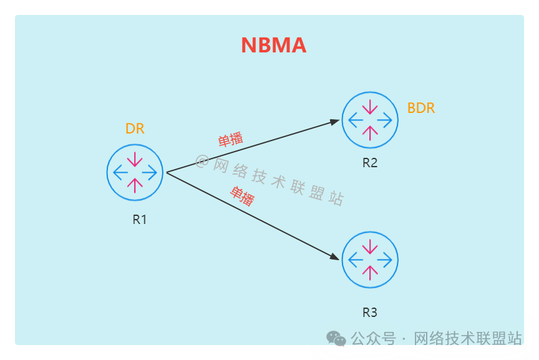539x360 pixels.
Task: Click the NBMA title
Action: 273,46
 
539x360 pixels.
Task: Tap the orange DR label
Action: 135,129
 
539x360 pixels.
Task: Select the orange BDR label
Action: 421,108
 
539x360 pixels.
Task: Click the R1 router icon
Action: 135,172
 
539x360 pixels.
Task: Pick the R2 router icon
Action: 370,120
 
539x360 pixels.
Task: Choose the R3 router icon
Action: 370,260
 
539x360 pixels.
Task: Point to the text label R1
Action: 139,219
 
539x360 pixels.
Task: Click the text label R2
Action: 370,163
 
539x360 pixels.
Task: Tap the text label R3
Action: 370,312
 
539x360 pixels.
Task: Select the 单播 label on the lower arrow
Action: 243,196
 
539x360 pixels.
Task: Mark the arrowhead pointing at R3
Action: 335,256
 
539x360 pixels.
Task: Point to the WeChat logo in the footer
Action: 336,338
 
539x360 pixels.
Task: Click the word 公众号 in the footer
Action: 373,339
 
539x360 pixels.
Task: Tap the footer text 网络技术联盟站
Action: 467,339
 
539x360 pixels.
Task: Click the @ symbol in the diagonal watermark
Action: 202,161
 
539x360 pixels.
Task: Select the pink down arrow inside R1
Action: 135,160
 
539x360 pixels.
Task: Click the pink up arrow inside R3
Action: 370,271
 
